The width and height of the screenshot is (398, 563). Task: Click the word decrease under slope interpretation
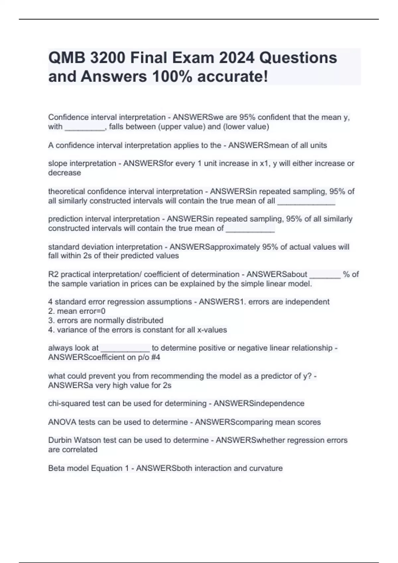[64, 173]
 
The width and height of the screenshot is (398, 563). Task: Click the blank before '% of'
[325, 275]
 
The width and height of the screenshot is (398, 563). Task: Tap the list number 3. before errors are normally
[51, 321]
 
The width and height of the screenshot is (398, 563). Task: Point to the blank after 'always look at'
[125, 348]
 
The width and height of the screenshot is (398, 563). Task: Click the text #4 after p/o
[156, 357]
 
